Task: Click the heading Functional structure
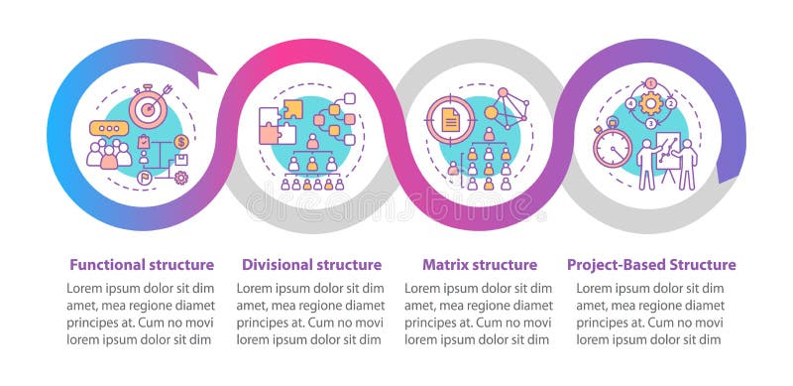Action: click(x=141, y=265)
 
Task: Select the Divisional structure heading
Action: click(x=311, y=265)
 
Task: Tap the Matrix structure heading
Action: click(x=480, y=265)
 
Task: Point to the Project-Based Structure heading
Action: click(x=651, y=265)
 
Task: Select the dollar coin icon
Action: click(x=181, y=142)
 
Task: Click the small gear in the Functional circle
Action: click(x=180, y=178)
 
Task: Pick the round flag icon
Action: click(x=145, y=180)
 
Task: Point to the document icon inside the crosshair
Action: click(x=450, y=120)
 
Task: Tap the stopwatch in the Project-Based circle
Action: click(x=612, y=147)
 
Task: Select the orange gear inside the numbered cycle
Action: click(x=651, y=103)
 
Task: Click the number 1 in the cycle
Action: click(x=651, y=83)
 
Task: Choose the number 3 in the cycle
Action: click(x=651, y=124)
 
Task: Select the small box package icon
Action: click(x=182, y=160)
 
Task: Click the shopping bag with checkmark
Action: click(x=145, y=142)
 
